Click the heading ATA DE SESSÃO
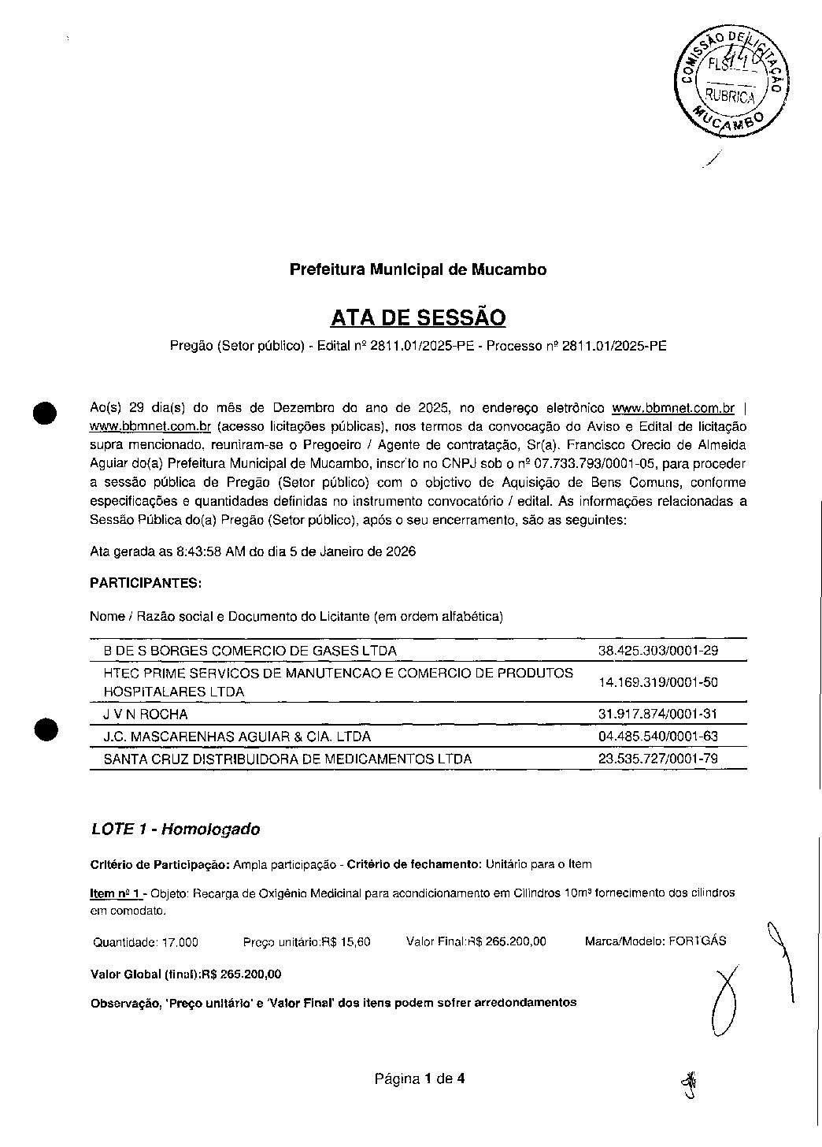(418, 317)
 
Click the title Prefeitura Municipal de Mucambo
(418, 269)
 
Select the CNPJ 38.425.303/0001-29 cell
(658, 651)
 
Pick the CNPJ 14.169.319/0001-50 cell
(658, 682)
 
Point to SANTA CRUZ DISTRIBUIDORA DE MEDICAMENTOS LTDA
(287, 759)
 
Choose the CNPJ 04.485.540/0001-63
(658, 737)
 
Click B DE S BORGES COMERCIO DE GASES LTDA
(250, 651)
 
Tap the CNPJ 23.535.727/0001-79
(658, 759)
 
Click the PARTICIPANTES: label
(146, 584)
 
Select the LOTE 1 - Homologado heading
(176, 830)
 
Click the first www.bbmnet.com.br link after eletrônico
(672, 408)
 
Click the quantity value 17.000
(180, 942)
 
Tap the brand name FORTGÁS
(697, 941)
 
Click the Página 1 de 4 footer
(420, 1079)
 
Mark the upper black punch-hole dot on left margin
(46, 412)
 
